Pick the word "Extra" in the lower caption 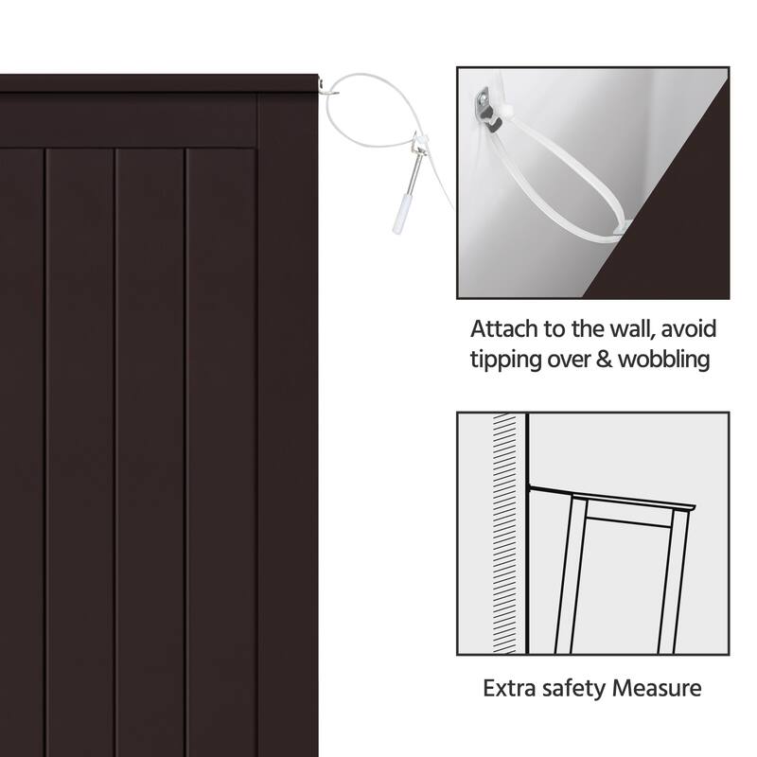(x=508, y=688)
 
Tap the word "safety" (x=573, y=689)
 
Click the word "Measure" (x=657, y=688)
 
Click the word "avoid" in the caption (x=689, y=328)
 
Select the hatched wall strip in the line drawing (x=504, y=534)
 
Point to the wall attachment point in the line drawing (x=529, y=486)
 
